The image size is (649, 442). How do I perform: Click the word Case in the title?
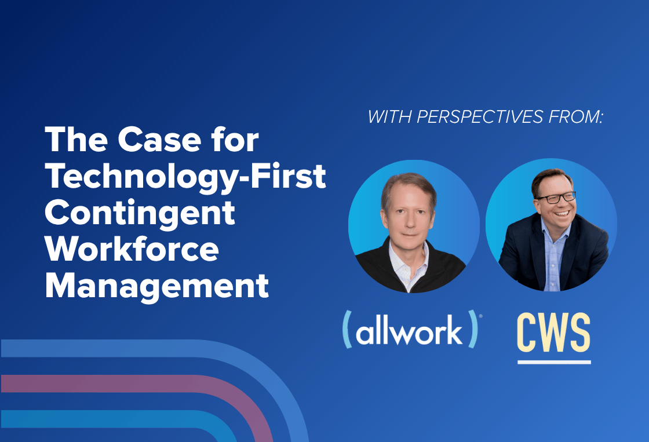159,140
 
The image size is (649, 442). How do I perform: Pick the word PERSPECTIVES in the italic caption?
480,117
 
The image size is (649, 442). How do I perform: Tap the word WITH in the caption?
389,117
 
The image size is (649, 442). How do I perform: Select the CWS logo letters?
554,333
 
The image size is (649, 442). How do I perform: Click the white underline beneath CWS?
554,362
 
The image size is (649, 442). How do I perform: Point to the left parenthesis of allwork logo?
347,329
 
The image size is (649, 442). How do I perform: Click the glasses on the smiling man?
556,198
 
